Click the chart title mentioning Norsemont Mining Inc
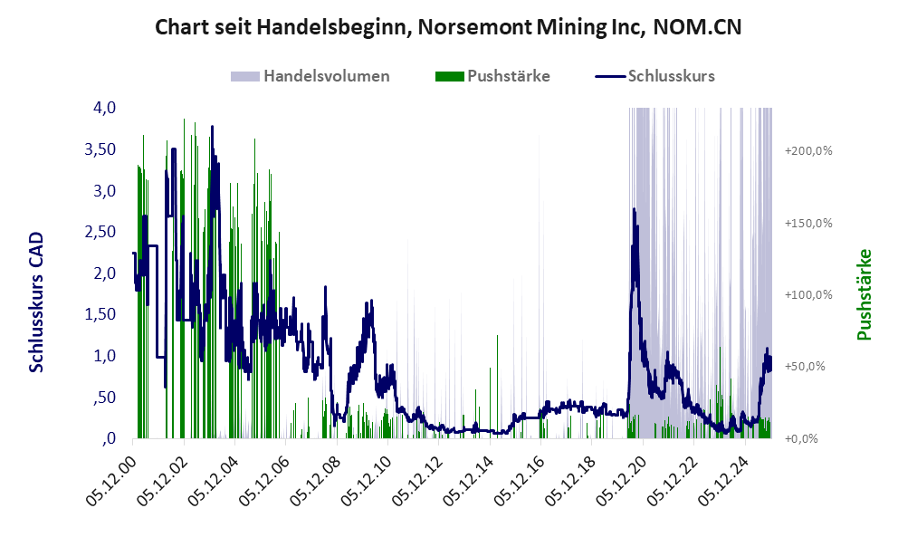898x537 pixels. coord(448,27)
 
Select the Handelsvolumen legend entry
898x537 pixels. coord(326,76)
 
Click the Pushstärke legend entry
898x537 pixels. coord(508,76)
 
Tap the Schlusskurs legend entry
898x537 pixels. coord(671,76)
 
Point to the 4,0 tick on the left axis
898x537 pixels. coord(105,108)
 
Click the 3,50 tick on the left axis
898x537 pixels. coord(100,149)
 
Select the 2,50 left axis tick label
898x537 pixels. coord(100,232)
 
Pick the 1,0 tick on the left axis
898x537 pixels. coord(105,356)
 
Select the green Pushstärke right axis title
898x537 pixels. coord(864,294)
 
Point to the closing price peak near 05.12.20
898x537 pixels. coord(634,209)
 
